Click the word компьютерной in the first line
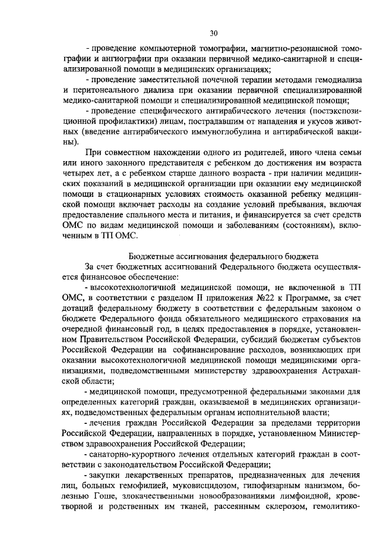click(x=166, y=49)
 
